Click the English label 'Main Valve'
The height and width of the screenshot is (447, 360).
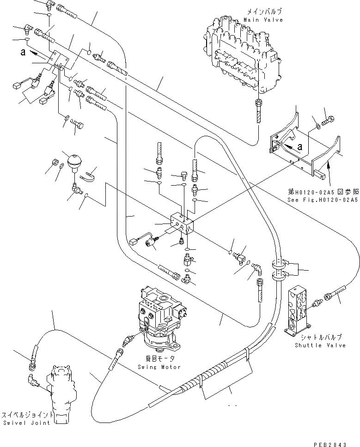[x=263, y=20]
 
